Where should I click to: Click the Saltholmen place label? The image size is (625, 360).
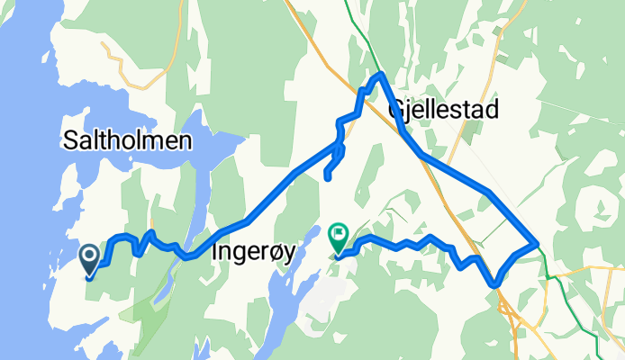[126, 140]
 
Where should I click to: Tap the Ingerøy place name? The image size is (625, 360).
[252, 254]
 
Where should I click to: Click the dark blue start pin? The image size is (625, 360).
[91, 260]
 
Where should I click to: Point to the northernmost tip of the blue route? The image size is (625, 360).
[381, 74]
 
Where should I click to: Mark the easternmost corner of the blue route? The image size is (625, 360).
[537, 242]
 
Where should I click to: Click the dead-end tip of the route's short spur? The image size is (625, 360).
[326, 177]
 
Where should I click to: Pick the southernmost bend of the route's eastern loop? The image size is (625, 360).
[495, 284]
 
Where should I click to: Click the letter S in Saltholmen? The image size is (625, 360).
[69, 141]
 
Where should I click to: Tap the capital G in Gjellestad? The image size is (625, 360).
[396, 110]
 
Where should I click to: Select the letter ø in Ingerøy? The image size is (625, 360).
[276, 254]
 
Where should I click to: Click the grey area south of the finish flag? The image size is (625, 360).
[329, 297]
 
